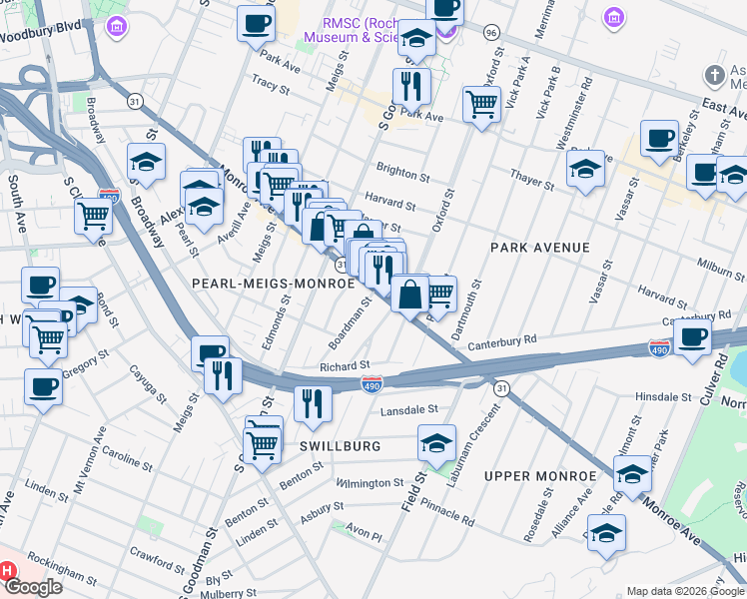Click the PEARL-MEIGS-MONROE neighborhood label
click(x=274, y=284)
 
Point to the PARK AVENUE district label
click(x=540, y=247)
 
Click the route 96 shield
click(x=490, y=32)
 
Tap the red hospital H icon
click(x=7, y=571)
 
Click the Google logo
click(x=32, y=587)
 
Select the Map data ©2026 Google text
click(x=684, y=591)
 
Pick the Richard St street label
click(x=345, y=366)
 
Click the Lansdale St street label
click(x=408, y=409)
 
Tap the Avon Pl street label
click(x=364, y=535)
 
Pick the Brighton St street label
click(x=402, y=173)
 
